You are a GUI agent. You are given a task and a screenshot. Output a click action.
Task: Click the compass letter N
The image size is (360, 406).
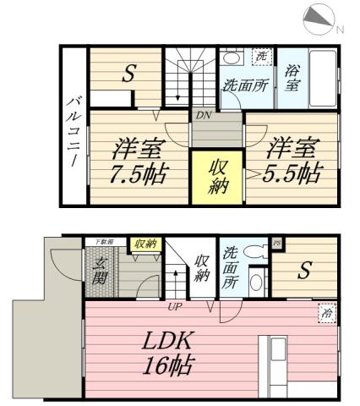(x=341, y=30)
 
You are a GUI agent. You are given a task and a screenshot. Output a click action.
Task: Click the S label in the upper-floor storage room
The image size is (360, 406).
(x=129, y=74)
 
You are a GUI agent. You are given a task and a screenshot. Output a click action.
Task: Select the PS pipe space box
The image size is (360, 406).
(x=276, y=244)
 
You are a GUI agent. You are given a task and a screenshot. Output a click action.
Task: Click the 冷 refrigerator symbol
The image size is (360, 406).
(x=325, y=312)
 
